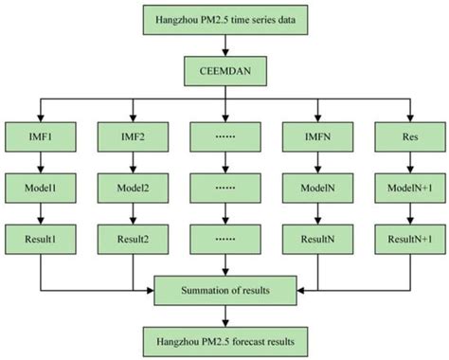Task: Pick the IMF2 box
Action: click(x=132, y=136)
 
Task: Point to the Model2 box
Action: click(x=132, y=189)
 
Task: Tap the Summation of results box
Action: click(x=224, y=287)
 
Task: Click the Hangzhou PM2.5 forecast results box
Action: click(x=224, y=337)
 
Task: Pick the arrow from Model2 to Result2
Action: click(x=132, y=214)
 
